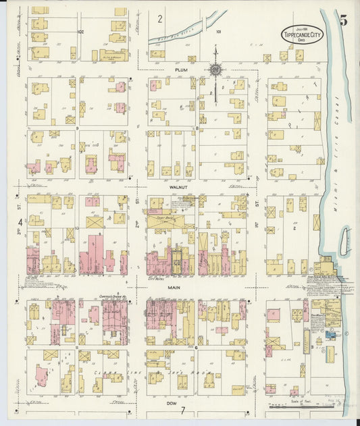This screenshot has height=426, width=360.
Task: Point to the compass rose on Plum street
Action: coord(215,69)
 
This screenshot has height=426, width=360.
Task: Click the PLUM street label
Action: coord(179,69)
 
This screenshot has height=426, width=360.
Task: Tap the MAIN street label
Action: coord(178,286)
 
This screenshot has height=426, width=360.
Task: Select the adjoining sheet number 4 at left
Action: coord(21,222)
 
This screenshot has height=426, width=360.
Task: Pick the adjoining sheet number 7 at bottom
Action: coord(182,411)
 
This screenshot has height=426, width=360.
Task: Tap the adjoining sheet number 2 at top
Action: coord(160,19)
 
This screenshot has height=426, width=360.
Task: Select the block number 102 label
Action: coord(81,31)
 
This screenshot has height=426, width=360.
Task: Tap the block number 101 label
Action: coord(218,31)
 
